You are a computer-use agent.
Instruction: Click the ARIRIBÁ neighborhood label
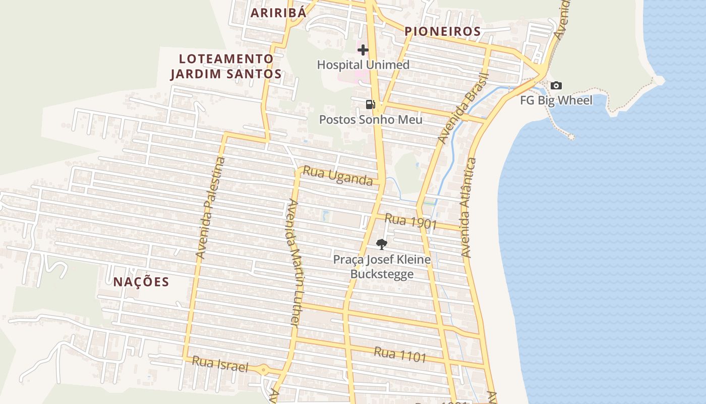point(278,13)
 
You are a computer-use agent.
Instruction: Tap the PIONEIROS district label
point(443,31)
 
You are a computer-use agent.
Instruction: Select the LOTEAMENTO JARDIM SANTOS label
point(225,66)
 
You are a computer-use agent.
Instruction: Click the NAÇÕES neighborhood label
point(141,282)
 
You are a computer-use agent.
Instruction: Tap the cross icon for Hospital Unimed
point(363,49)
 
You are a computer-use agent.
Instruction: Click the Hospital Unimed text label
point(363,65)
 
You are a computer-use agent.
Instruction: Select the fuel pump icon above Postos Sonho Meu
point(370,105)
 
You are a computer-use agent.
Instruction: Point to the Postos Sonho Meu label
point(371,120)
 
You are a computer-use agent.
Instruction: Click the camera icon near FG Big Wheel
point(556,86)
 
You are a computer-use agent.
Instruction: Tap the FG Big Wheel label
point(556,100)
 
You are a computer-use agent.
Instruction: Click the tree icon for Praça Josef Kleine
point(382,244)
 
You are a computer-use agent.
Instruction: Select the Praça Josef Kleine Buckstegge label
point(382,267)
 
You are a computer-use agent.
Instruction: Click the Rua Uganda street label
point(337,176)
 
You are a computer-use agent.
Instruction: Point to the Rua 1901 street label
point(410,221)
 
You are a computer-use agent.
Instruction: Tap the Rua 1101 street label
point(400,355)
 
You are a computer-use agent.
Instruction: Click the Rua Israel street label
point(220,364)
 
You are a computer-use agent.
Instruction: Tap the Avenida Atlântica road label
point(467,208)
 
